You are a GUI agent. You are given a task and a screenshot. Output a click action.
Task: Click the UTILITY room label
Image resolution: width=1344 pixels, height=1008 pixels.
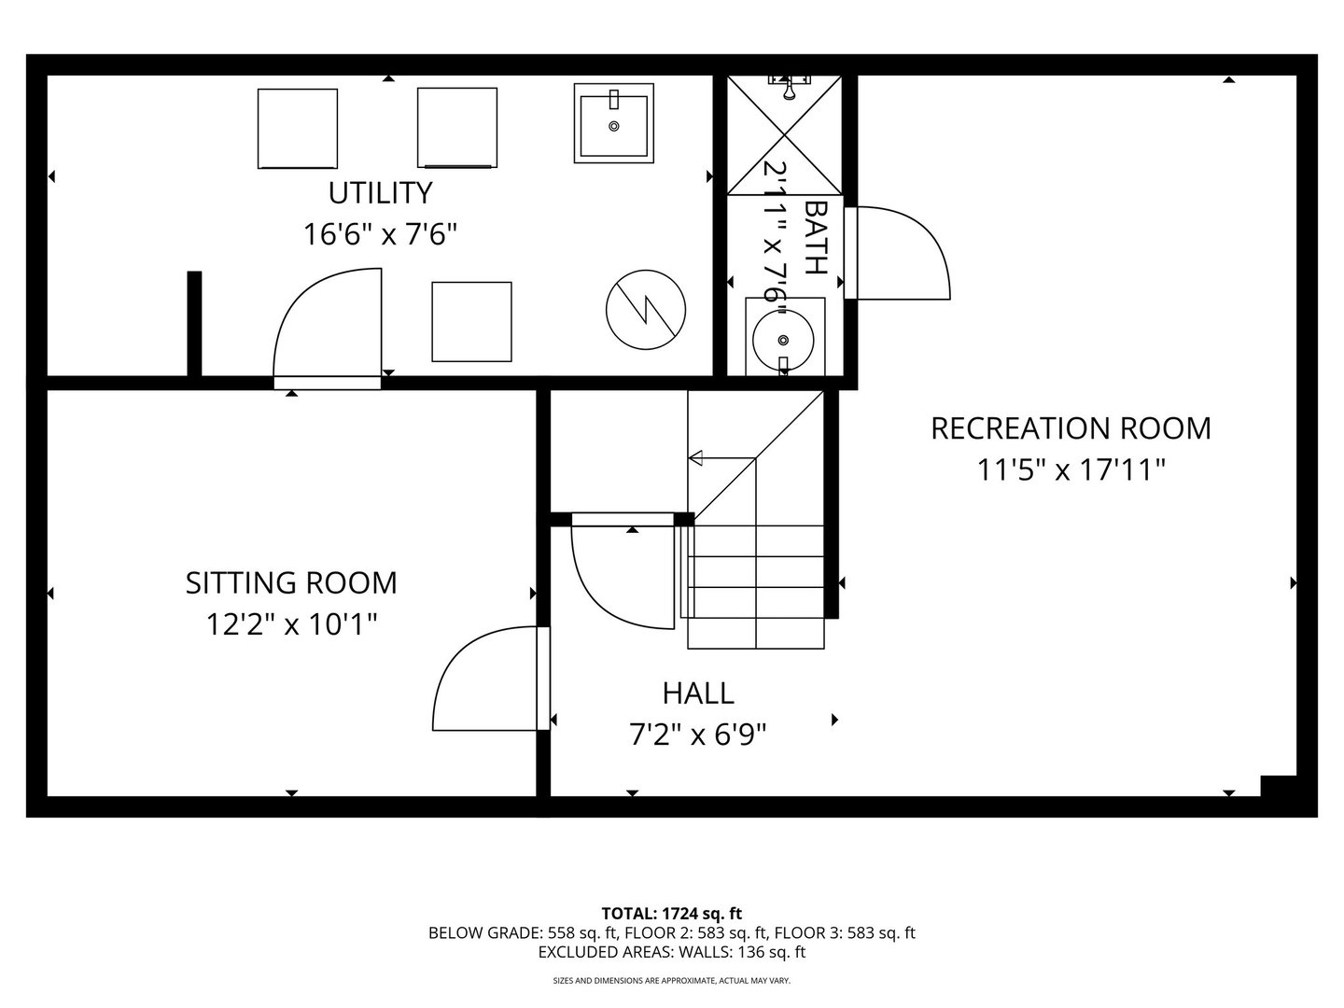(x=380, y=192)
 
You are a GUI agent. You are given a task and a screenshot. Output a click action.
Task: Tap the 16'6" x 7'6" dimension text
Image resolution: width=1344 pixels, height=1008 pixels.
(x=380, y=233)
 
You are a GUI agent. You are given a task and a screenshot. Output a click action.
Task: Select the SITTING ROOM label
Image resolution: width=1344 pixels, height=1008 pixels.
(x=291, y=582)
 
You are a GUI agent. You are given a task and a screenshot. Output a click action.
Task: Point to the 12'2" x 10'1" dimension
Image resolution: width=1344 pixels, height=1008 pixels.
(x=291, y=623)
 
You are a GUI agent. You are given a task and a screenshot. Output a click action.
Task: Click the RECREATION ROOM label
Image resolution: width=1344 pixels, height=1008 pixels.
(x=1071, y=428)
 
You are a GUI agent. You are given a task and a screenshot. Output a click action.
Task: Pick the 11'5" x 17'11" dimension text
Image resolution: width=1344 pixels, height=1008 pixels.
(x=1071, y=469)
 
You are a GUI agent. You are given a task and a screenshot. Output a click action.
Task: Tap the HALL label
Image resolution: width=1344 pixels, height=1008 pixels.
(x=698, y=693)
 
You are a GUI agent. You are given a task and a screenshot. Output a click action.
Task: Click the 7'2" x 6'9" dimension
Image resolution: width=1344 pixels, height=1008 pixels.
(x=698, y=735)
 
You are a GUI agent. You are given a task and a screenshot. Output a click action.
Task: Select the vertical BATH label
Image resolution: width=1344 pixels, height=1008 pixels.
(x=815, y=236)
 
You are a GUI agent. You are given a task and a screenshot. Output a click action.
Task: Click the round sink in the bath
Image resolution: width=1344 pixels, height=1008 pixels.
(x=783, y=340)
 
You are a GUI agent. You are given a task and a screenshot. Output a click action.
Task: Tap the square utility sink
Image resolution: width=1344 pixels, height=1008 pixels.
(x=613, y=123)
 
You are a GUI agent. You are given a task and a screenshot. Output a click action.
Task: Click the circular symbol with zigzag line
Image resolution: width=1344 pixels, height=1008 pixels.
(x=646, y=307)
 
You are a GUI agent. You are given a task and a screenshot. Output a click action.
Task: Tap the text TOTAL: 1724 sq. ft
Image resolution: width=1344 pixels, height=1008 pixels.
(x=672, y=913)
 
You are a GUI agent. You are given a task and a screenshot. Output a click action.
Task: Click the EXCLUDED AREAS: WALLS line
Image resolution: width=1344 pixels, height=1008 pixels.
(x=672, y=952)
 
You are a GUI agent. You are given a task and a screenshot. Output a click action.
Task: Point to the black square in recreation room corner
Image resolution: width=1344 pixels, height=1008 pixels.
(x=1278, y=786)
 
